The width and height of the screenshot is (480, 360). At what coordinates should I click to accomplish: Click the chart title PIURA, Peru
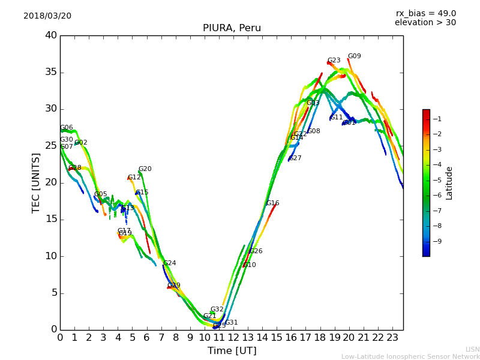[x=232, y=28]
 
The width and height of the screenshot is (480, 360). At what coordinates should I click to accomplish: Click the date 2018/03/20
[x=47, y=16]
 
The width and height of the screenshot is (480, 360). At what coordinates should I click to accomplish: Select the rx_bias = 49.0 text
[x=425, y=13]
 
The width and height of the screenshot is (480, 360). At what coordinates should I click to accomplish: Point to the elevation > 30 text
[x=425, y=23]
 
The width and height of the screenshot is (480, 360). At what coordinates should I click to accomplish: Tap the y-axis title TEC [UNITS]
[x=36, y=182]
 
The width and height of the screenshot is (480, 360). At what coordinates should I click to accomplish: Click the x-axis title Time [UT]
[x=232, y=350]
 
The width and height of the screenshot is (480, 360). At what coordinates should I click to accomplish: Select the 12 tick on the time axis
[x=233, y=338]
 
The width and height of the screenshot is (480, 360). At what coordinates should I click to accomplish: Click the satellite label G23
[x=334, y=61]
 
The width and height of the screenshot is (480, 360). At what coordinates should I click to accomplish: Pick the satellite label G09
[x=354, y=56]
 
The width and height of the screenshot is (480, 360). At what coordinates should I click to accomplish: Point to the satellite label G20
[x=145, y=169]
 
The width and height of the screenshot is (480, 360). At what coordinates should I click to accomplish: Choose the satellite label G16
[x=272, y=203]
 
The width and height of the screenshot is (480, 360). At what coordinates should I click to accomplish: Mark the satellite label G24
[x=169, y=263]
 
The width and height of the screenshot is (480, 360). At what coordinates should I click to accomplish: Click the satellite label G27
[x=295, y=158]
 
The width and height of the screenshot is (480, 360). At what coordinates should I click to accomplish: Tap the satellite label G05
[x=100, y=194]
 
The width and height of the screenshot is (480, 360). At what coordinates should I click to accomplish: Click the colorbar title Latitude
[x=449, y=183]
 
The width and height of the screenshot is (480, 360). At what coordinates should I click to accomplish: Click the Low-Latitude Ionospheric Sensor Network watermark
[x=410, y=356]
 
